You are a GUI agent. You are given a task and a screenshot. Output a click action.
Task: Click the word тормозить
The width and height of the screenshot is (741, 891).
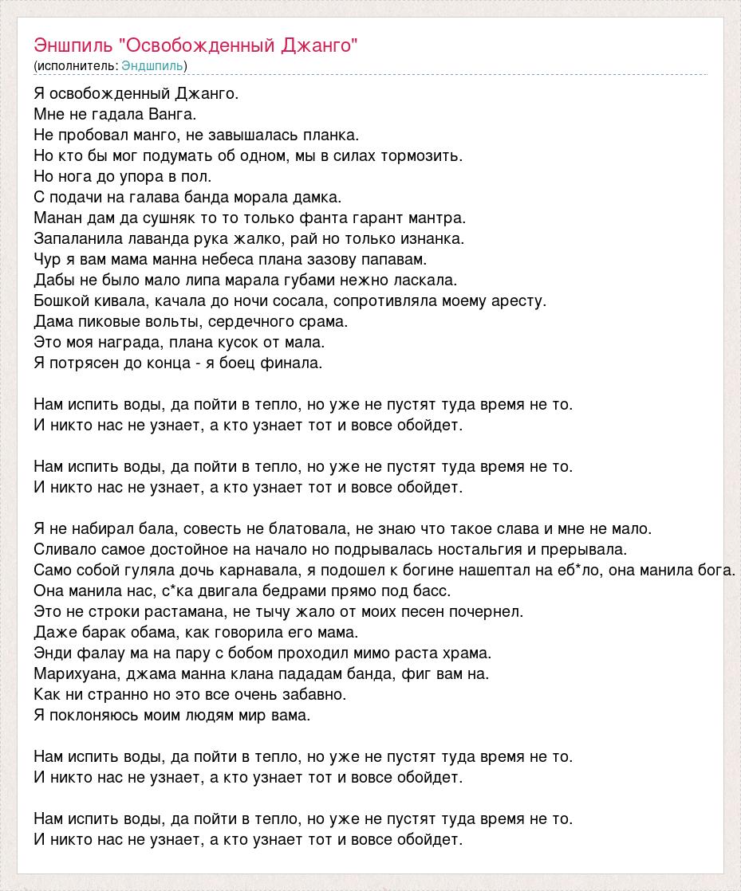click(424, 155)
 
